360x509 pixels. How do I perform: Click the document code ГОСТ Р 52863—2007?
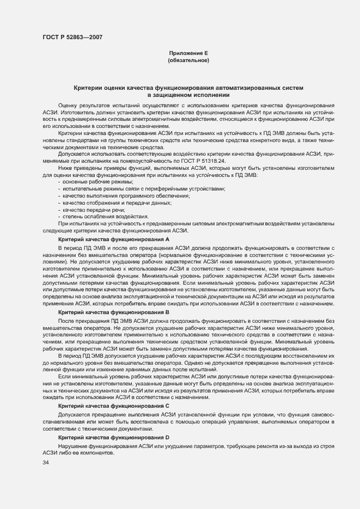(72, 37)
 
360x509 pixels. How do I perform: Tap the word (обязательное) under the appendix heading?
(188, 60)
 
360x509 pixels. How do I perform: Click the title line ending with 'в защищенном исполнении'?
(188, 95)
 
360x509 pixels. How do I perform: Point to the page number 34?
(45, 463)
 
